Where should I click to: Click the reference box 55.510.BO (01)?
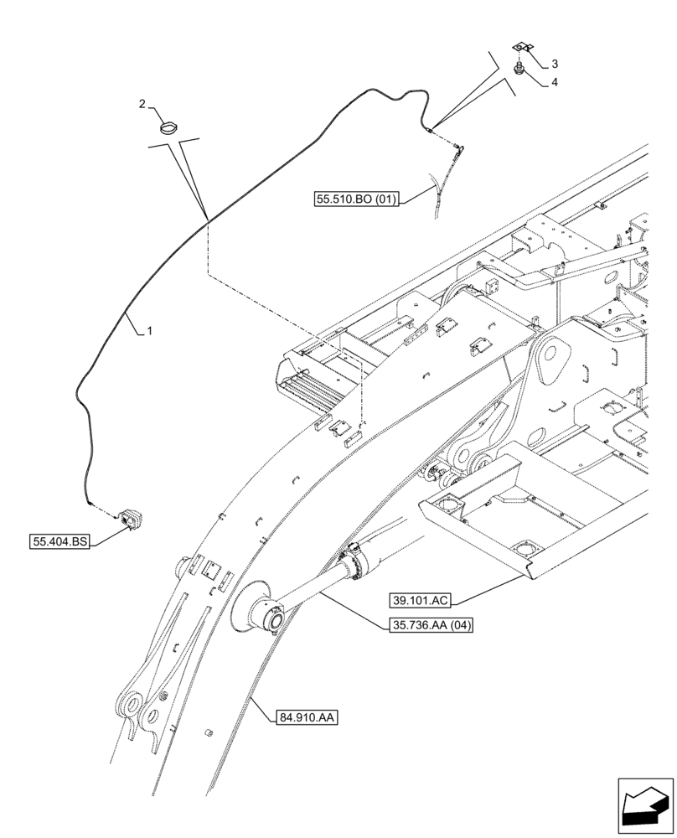click(x=357, y=199)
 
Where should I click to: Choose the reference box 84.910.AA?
click(x=305, y=717)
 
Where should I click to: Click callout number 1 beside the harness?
click(x=148, y=331)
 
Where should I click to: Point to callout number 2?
click(x=142, y=104)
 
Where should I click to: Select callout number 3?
click(x=554, y=64)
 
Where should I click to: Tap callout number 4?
click(x=554, y=82)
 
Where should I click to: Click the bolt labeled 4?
click(x=519, y=68)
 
